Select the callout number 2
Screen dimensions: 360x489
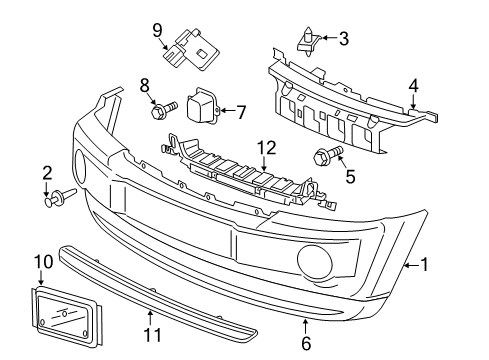point(46,174)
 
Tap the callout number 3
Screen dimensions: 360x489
point(344,39)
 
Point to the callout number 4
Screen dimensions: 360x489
point(413,87)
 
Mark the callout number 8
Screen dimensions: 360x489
point(144,85)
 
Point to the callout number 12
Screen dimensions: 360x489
point(264,147)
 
